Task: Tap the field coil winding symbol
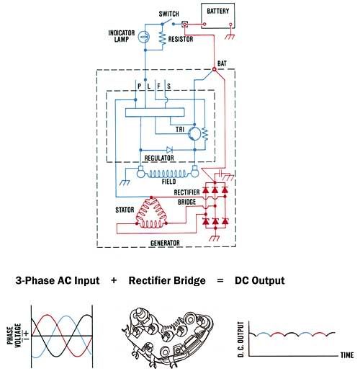pyautogui.click(x=167, y=174)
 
